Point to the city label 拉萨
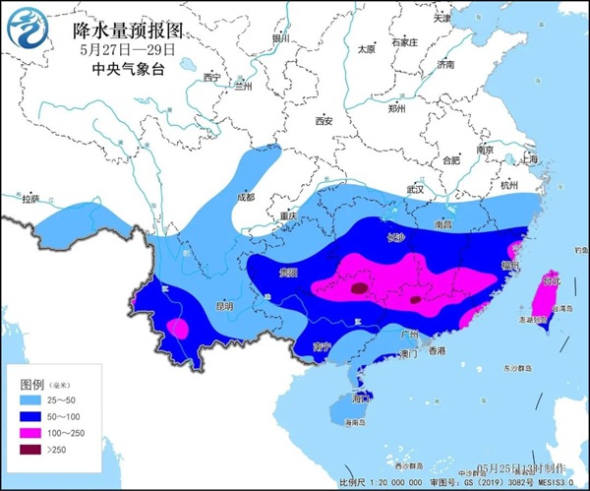[x=30, y=199]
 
